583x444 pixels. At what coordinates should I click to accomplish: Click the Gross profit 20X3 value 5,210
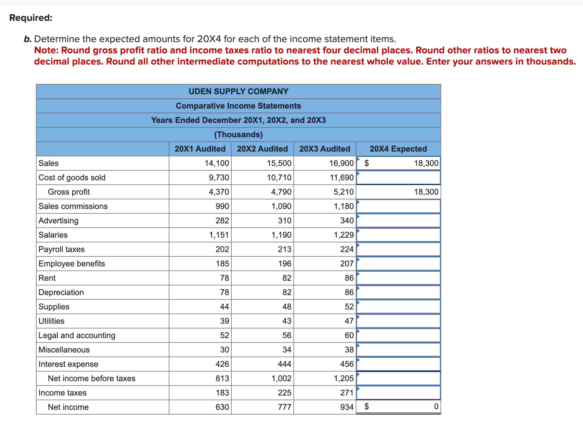(x=343, y=192)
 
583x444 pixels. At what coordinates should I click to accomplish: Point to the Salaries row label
(x=53, y=235)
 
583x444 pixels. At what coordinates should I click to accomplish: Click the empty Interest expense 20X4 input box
(x=398, y=364)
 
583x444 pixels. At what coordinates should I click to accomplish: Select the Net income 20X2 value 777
(x=284, y=407)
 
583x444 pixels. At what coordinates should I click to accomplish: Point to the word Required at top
(x=31, y=18)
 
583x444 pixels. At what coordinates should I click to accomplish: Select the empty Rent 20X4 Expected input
(x=398, y=278)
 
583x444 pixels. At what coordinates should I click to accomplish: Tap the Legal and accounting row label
(x=77, y=335)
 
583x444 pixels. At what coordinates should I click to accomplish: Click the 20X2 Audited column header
(x=262, y=149)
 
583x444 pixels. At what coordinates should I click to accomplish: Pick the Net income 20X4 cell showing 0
(x=436, y=406)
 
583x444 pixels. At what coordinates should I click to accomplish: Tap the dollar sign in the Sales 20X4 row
(x=367, y=163)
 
